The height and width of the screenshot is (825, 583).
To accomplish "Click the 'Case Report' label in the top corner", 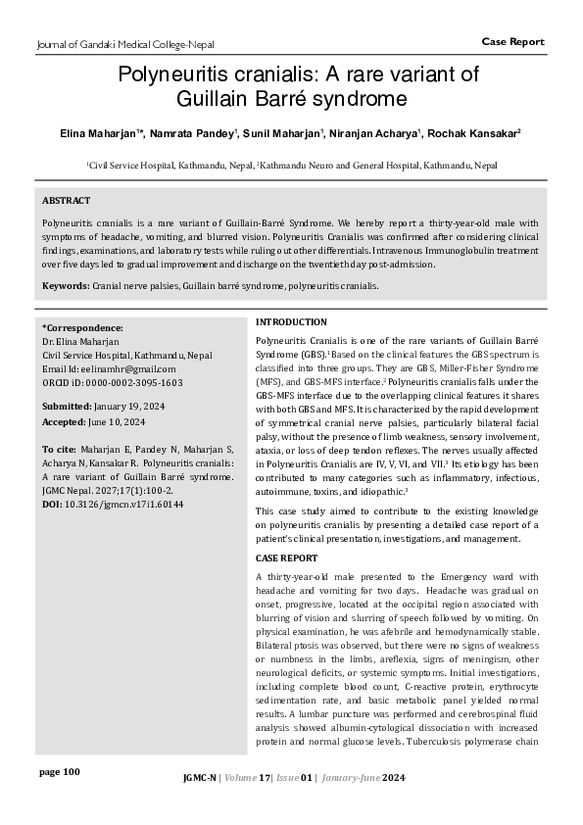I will pyautogui.click(x=512, y=41).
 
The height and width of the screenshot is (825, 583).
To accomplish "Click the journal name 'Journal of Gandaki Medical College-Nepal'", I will pyautogui.click(x=124, y=44).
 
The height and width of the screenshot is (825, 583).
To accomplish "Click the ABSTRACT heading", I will pyautogui.click(x=66, y=200).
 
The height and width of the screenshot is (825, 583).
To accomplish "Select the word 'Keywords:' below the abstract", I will pyautogui.click(x=66, y=285).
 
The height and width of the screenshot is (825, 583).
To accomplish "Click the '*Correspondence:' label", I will pyautogui.click(x=83, y=327).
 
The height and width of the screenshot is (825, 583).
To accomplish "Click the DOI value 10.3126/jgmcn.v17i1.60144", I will pyautogui.click(x=123, y=504).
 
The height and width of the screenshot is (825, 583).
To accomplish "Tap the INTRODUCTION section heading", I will pyautogui.click(x=291, y=322).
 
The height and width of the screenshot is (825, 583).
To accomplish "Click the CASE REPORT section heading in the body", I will pyautogui.click(x=287, y=558).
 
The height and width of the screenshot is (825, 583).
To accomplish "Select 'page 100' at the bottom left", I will pyautogui.click(x=59, y=772).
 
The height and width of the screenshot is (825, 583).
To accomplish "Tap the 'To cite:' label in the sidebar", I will pyautogui.click(x=58, y=448).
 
